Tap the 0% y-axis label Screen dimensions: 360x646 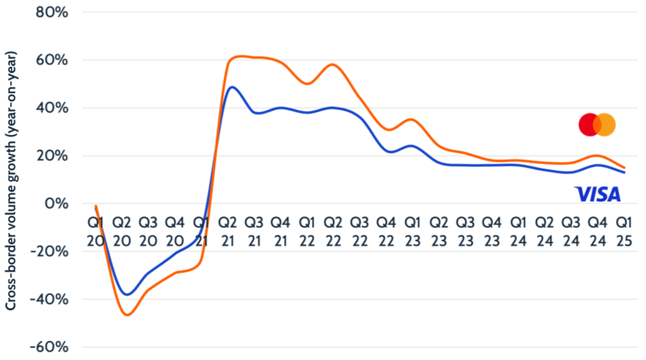pyautogui.click(x=56, y=203)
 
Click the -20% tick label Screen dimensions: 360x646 pyautogui.click(x=50, y=251)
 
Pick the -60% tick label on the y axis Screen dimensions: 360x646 pyautogui.click(x=50, y=347)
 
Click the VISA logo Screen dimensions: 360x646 pyautogui.click(x=597, y=194)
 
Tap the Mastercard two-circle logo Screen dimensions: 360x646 pyautogui.click(x=597, y=125)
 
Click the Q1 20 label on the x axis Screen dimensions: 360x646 pyautogui.click(x=95, y=231)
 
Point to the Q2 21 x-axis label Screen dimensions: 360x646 pyautogui.click(x=228, y=231)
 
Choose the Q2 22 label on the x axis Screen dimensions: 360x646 pyautogui.click(x=333, y=231)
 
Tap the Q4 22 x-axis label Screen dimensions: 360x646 pyautogui.click(x=386, y=231)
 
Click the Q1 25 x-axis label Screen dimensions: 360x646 pyautogui.click(x=623, y=231)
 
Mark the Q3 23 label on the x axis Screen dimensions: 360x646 pyautogui.click(x=465, y=231)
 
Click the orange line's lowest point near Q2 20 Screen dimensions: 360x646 pyautogui.click(x=127, y=315)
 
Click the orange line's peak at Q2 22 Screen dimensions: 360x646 pyautogui.click(x=333, y=65)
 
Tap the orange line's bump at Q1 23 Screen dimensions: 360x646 pyautogui.click(x=412, y=120)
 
